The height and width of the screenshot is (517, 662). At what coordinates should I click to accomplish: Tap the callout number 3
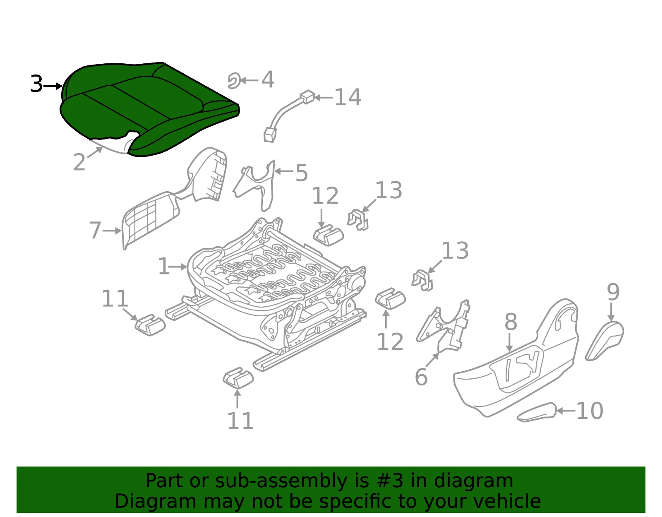(x=36, y=84)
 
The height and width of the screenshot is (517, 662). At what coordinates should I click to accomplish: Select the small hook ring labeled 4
(x=234, y=81)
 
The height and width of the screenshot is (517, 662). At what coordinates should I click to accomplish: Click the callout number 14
(x=348, y=98)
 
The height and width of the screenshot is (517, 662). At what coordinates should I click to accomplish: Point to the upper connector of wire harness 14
(x=307, y=97)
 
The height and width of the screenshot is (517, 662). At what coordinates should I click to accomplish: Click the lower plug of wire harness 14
(x=269, y=135)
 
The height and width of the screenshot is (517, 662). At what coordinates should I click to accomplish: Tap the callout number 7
(x=95, y=230)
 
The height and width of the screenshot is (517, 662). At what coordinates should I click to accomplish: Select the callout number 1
(x=164, y=267)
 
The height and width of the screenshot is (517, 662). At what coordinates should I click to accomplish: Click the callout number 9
(x=613, y=292)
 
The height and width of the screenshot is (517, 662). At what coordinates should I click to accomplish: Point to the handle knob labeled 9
(x=604, y=341)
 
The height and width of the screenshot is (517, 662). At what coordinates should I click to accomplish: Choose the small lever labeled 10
(x=537, y=412)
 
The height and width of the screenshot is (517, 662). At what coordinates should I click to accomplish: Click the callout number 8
(x=511, y=322)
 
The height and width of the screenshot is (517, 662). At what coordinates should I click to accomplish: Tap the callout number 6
(x=421, y=377)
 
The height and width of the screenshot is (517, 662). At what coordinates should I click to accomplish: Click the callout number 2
(x=79, y=162)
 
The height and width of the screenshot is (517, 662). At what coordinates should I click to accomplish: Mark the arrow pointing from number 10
(x=566, y=411)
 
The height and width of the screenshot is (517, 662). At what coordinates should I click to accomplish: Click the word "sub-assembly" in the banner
(x=281, y=481)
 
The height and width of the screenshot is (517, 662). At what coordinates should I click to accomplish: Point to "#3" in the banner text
(x=390, y=481)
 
